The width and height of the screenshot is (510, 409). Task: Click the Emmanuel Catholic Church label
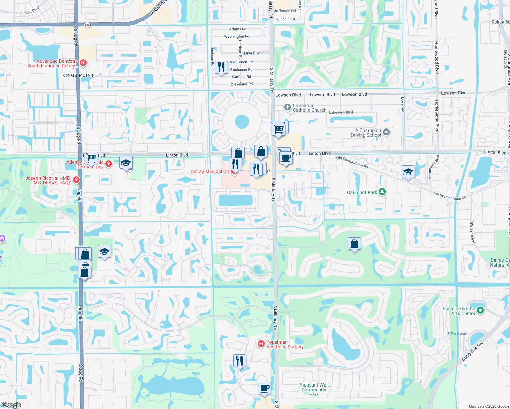[x=309, y=108]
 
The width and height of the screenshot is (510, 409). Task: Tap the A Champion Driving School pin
[x=386, y=132]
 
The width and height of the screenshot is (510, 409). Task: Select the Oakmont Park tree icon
[x=382, y=192]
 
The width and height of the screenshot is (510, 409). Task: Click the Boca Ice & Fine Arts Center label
[x=459, y=311]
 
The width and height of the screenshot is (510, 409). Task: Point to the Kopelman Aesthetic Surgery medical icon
[x=261, y=344]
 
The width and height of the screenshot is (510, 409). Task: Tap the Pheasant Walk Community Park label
[x=314, y=390]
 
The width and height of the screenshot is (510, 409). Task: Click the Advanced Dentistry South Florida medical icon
[x=83, y=63]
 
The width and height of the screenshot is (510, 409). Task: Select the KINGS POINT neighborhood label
[x=78, y=75]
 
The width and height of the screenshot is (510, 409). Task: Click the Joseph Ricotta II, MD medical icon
[x=76, y=180]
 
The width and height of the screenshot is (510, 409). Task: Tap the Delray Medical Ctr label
[x=210, y=171]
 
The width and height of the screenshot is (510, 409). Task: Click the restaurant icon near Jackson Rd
[x=221, y=67]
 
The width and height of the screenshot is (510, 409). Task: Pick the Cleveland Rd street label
[x=242, y=84]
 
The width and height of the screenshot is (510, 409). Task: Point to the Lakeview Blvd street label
[x=341, y=112]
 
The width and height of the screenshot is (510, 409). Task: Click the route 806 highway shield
[x=87, y=25]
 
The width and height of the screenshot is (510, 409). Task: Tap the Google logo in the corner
[x=12, y=405]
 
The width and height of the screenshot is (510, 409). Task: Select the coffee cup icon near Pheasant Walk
[x=264, y=388]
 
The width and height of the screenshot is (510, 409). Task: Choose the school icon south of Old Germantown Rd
[x=408, y=172]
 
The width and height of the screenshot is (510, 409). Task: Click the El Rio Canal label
[x=456, y=334]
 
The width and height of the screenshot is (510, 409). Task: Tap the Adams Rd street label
[x=238, y=29]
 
